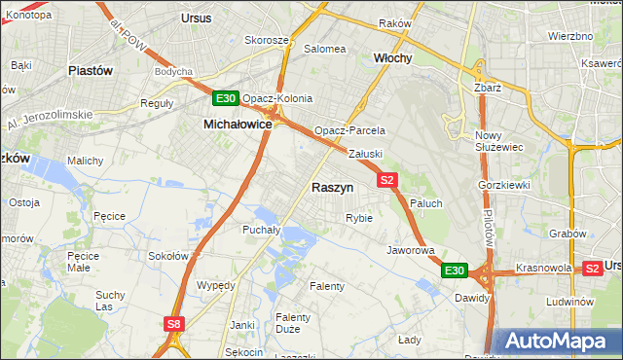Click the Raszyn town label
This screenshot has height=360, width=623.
[x=332, y=187]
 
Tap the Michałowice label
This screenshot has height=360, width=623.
[x=237, y=125]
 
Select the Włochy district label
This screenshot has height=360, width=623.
[x=393, y=58]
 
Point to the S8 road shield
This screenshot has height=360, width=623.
[x=173, y=324]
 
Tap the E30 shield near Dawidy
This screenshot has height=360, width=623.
[x=454, y=270]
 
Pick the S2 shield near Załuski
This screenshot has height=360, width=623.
[x=387, y=180]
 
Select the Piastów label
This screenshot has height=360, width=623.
[x=92, y=71]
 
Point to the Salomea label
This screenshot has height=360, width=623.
[x=325, y=49]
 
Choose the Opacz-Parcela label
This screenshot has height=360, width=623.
[x=349, y=130]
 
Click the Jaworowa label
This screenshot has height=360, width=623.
[x=410, y=250]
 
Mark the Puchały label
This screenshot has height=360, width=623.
[x=261, y=231]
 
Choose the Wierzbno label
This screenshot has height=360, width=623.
[x=570, y=36]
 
